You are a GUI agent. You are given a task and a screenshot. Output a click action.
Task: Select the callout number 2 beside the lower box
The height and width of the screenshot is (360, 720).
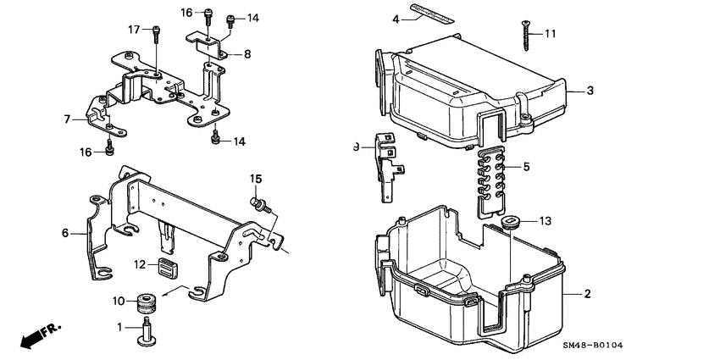click(x=586, y=295)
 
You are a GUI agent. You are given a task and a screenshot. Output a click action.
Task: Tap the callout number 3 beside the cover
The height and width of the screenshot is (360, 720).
click(x=590, y=91)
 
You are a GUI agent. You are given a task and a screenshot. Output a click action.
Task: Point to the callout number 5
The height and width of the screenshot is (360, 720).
click(x=526, y=167)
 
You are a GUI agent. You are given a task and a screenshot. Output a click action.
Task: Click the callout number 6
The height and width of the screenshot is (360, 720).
click(x=65, y=232)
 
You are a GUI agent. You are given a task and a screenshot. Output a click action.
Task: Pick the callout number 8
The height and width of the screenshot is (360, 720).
click(x=247, y=54)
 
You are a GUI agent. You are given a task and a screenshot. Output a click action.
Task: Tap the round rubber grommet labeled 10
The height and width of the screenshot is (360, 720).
click(x=145, y=301)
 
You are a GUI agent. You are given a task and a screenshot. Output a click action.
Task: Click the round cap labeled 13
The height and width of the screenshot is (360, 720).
click(x=508, y=223)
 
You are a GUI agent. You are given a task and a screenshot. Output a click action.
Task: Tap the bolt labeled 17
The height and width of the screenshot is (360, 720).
click(x=157, y=34)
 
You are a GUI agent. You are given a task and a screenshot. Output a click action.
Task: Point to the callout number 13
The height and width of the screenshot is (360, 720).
click(x=544, y=222)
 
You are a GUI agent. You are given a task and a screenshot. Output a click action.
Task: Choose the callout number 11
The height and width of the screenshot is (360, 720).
click(x=551, y=34)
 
